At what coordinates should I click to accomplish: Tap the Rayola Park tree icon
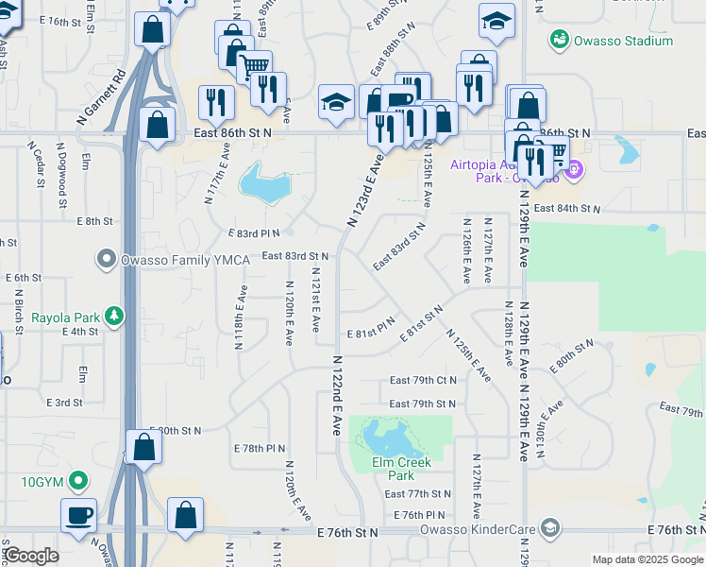click(114, 316)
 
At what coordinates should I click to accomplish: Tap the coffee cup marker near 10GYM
click(79, 516)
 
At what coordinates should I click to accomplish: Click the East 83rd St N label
click(294, 256)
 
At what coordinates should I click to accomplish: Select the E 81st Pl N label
click(370, 334)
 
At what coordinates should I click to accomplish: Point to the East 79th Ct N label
click(423, 381)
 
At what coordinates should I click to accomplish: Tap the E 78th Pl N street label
click(260, 448)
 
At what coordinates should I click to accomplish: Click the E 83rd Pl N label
click(254, 232)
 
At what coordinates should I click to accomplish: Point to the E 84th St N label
click(567, 208)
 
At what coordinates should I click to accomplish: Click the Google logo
click(31, 556)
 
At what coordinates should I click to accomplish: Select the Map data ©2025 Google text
click(647, 559)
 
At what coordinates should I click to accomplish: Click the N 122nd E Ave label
click(336, 395)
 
